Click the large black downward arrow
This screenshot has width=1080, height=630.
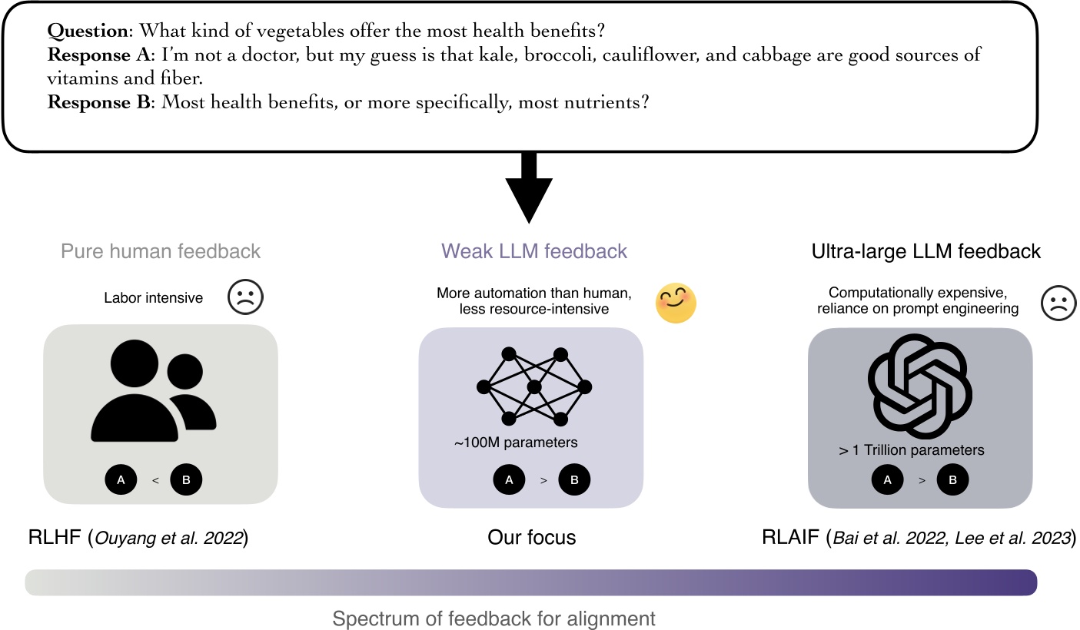coord(528,187)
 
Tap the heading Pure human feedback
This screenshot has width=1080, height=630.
coord(161,251)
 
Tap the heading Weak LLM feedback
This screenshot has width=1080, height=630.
coord(534,251)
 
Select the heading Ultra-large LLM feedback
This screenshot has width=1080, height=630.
coord(926,251)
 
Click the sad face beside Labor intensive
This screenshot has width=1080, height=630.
coord(245,297)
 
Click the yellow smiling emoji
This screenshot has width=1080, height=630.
coord(675,303)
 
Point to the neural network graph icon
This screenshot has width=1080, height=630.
coord(534,386)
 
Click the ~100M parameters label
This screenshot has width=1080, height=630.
coord(516,443)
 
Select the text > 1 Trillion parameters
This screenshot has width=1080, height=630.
coord(911,450)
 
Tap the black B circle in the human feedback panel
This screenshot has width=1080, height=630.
coord(186,480)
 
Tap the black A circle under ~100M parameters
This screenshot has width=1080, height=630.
coord(507,480)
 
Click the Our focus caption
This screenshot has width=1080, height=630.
coord(531,537)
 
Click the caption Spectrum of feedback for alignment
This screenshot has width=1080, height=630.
coord(494,618)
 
